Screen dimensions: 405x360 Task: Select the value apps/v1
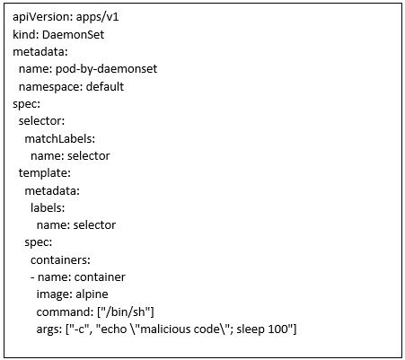pyautogui.click(x=98, y=17)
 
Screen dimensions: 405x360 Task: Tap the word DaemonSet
pyautogui.click(x=73, y=34)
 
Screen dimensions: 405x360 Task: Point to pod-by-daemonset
pyautogui.click(x=106, y=69)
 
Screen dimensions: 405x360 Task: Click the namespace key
pyautogui.click(x=50, y=87)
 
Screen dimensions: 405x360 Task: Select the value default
pyautogui.click(x=105, y=86)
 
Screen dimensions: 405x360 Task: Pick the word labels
pyautogui.click(x=48, y=207)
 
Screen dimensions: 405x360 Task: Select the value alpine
pyautogui.click(x=92, y=294)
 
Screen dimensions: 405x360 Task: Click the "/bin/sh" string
pyautogui.click(x=126, y=312)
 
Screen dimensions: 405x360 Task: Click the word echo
pyautogui.click(x=114, y=329)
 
